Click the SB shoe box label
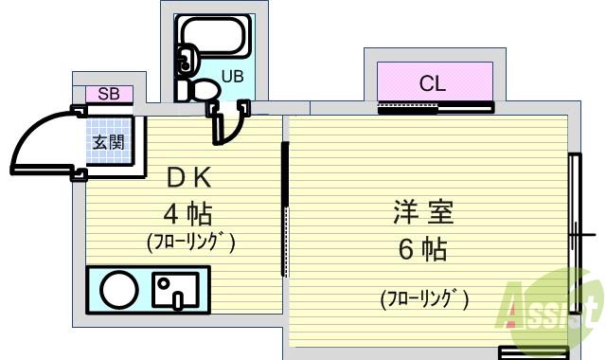click(x=109, y=94)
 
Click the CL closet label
click(x=433, y=83)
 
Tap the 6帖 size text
click(x=421, y=250)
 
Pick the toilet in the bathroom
click(x=200, y=89)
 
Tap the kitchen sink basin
click(x=176, y=290)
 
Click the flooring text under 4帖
click(x=190, y=243)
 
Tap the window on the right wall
click(x=574, y=233)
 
